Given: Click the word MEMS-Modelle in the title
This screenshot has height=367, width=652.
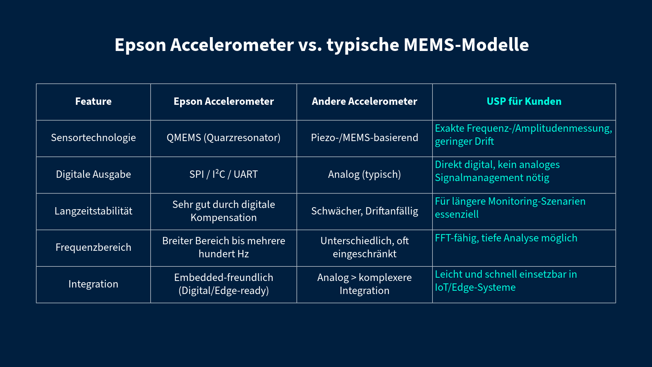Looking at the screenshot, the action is point(466,45).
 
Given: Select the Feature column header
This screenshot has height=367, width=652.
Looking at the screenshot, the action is point(93,102).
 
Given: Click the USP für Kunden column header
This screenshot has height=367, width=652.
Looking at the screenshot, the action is point(524,102).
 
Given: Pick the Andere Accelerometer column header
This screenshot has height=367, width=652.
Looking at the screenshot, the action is point(364,102).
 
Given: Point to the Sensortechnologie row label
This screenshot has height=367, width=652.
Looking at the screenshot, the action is point(93,138).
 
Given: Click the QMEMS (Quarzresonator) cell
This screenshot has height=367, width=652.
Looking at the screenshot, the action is point(224,138).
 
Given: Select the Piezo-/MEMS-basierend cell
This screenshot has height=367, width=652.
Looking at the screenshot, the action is point(364,138).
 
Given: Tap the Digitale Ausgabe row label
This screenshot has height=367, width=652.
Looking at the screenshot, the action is point(93,175).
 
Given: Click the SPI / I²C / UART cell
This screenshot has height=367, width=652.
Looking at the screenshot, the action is point(224,174).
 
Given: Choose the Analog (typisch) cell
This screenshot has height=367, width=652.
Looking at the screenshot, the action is point(364,175).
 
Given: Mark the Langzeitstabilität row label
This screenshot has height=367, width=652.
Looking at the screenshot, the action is point(93,211).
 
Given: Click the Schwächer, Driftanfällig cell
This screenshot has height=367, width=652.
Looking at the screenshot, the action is point(364,211).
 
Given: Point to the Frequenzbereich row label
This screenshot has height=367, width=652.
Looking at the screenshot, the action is point(93,248).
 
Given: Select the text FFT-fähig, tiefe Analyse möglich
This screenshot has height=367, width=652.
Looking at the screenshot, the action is point(506,238).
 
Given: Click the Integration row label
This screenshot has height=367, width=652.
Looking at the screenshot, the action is point(93,284).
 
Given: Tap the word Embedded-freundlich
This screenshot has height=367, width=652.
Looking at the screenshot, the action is point(224,278).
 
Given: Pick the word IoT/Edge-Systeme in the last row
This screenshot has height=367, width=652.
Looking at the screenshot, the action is point(475,287).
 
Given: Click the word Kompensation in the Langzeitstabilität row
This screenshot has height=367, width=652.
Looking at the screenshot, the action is point(224,218).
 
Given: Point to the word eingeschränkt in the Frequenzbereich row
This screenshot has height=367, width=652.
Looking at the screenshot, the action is point(364,254).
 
